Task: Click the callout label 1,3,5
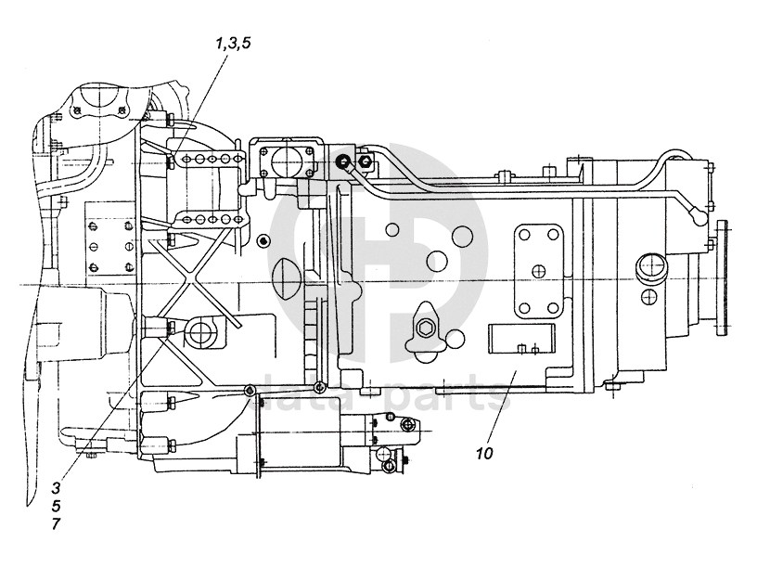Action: pyautogui.click(x=233, y=44)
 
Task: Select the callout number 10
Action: pyautogui.click(x=484, y=454)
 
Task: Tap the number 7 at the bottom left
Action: pyautogui.click(x=56, y=524)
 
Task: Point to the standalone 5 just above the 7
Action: pyautogui.click(x=56, y=506)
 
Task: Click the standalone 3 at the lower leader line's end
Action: pyautogui.click(x=56, y=488)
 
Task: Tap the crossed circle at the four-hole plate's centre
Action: pyautogui.click(x=538, y=271)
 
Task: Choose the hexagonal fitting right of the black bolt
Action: pyautogui.click(x=365, y=161)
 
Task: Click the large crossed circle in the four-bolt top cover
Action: pyautogui.click(x=286, y=160)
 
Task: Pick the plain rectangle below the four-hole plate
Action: pyautogui.click(x=521, y=339)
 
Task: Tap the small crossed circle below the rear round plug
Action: pyautogui.click(x=648, y=296)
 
